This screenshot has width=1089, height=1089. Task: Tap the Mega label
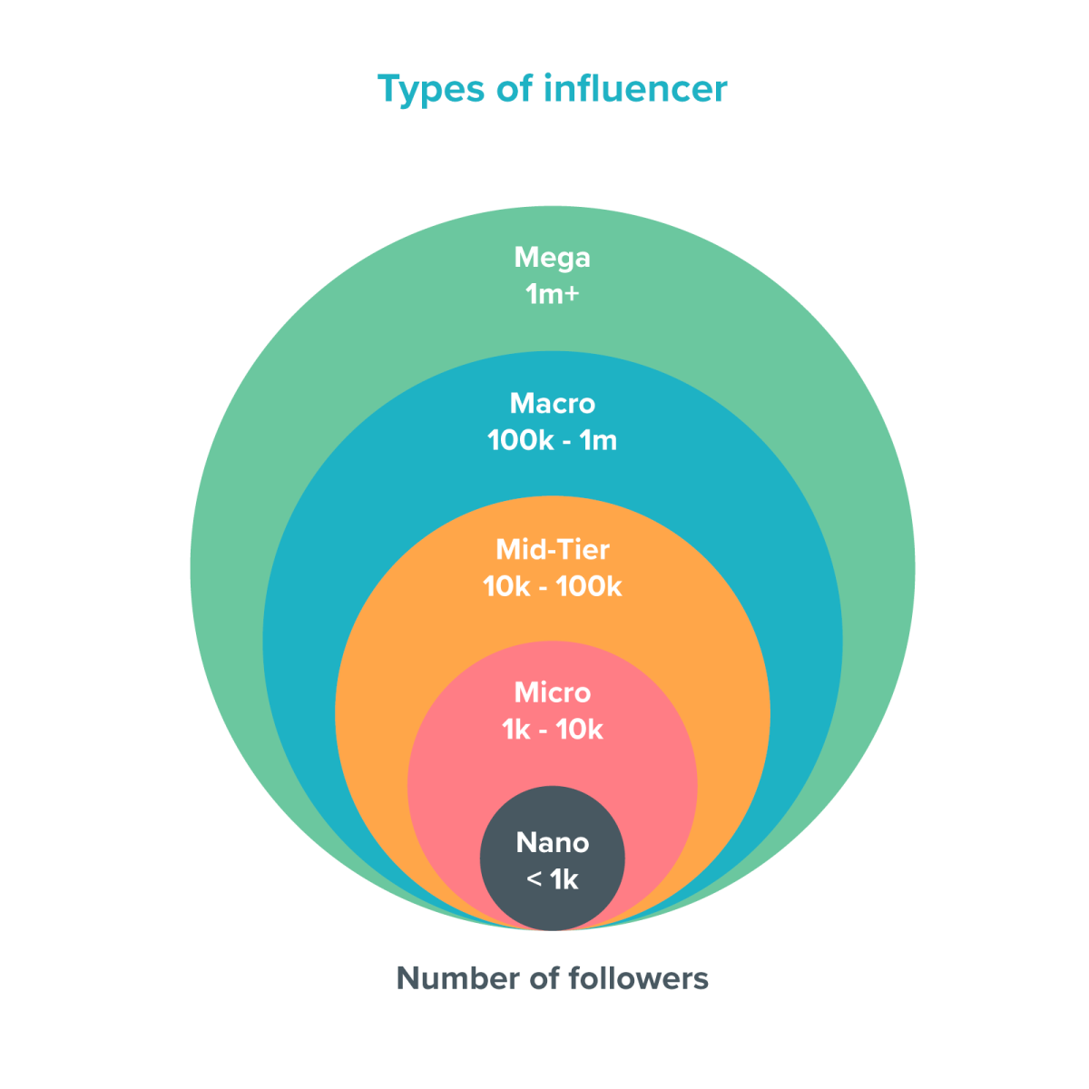552,259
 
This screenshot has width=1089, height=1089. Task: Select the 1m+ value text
552,295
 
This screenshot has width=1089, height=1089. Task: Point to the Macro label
552,403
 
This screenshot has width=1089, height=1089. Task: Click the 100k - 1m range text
552,441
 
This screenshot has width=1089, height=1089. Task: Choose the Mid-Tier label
552,549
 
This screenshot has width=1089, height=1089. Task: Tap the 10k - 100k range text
552,587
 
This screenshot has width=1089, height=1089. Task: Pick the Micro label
552,692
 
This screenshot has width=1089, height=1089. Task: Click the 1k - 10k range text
552,730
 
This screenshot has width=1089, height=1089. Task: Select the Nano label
552,842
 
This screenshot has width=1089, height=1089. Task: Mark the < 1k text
552,879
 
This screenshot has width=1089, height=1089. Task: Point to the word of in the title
514,88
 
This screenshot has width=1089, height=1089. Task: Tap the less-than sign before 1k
534,880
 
